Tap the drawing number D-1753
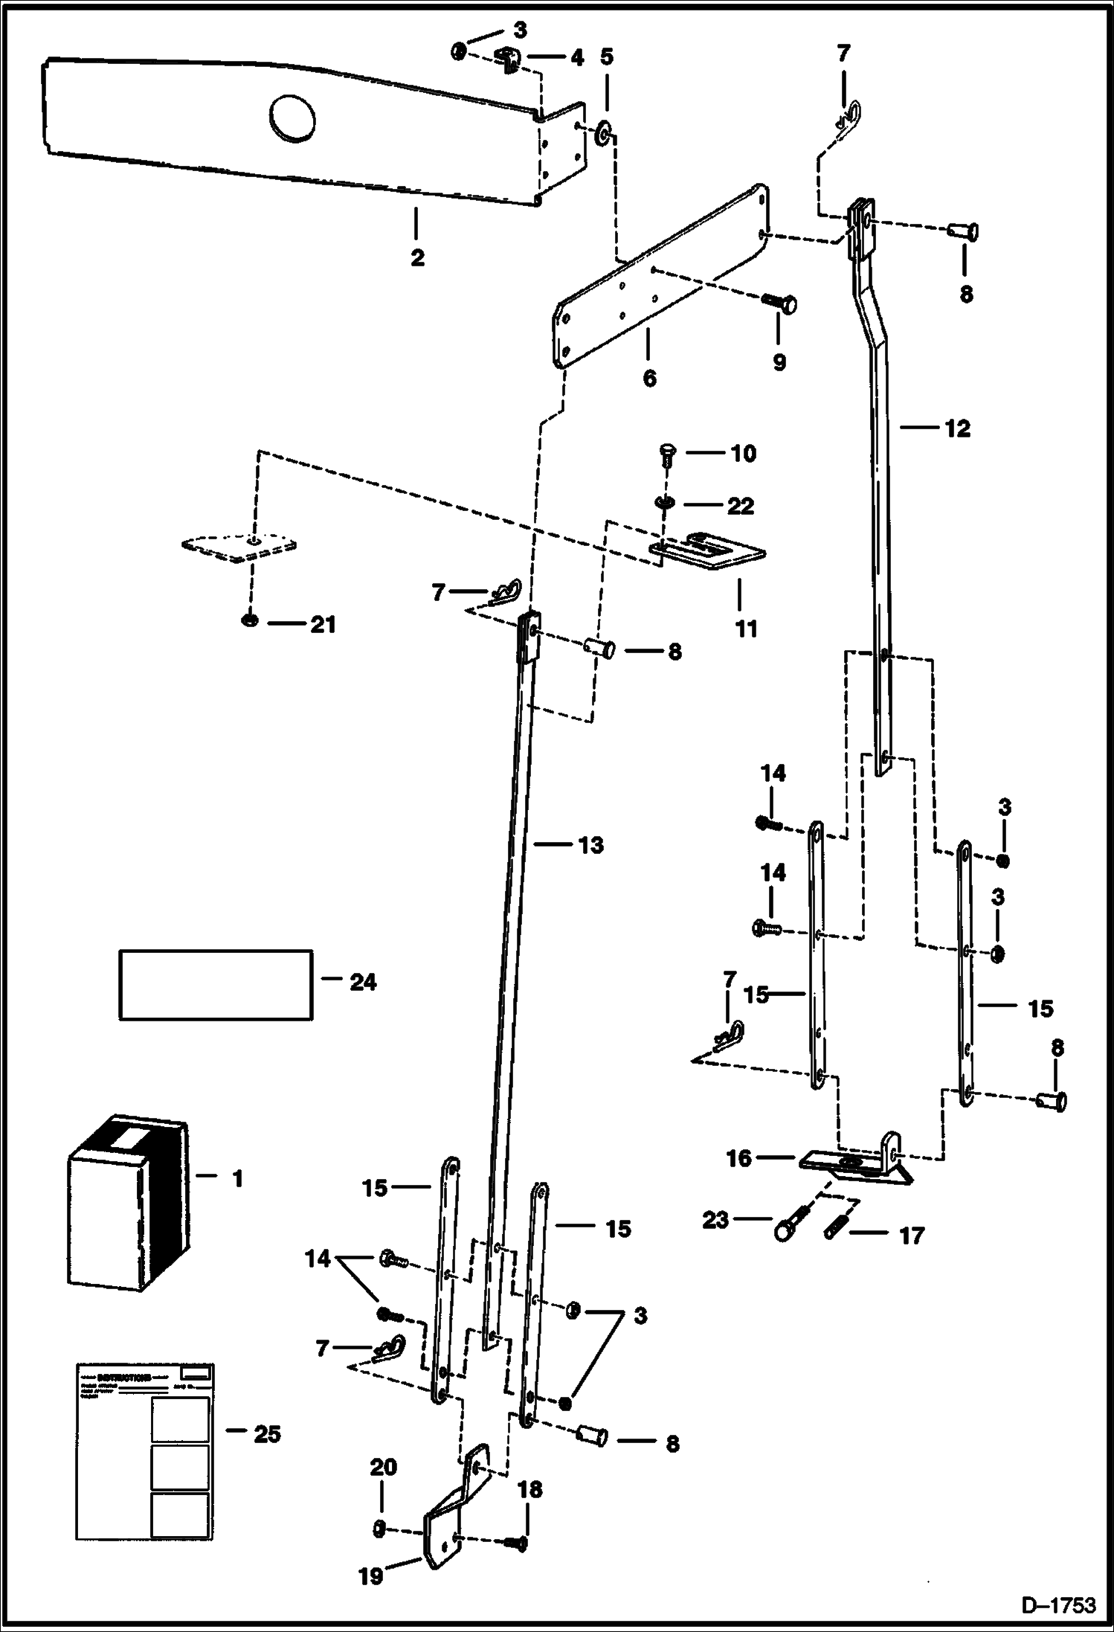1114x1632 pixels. [x=1058, y=1604]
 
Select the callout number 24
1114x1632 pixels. [x=363, y=982]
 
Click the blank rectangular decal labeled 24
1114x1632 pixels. [x=216, y=984]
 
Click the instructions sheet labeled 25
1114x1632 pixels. [x=146, y=1451]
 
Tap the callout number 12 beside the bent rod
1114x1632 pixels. [x=957, y=429]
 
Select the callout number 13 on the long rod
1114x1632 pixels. [x=590, y=845]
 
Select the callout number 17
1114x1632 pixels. [x=912, y=1236]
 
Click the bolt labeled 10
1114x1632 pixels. [x=667, y=452]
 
